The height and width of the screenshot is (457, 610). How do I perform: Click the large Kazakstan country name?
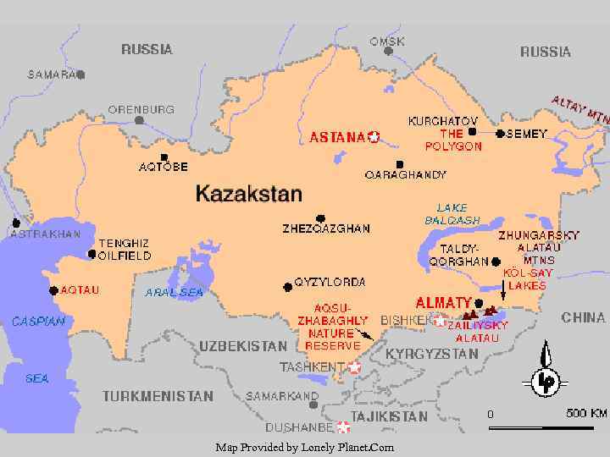click(248, 194)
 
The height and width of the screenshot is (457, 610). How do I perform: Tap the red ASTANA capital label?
click(337, 136)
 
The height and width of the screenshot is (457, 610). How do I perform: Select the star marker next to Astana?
click(374, 136)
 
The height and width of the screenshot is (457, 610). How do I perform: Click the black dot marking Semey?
click(501, 134)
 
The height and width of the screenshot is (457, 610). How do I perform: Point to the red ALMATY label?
click(443, 302)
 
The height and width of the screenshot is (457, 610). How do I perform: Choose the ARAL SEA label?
click(175, 293)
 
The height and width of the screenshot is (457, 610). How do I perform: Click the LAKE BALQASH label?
click(452, 214)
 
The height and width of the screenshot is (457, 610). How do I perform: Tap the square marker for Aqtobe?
click(164, 157)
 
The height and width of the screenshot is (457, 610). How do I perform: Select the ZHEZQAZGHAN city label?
click(325, 228)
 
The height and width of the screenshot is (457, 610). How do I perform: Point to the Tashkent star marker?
click(354, 367)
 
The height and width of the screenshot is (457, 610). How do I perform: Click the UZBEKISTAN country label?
click(243, 346)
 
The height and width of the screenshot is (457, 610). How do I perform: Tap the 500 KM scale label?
click(586, 414)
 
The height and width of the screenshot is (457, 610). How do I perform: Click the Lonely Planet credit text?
click(304, 447)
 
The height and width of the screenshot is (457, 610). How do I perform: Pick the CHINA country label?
click(583, 318)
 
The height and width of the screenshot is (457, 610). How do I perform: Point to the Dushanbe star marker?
click(343, 427)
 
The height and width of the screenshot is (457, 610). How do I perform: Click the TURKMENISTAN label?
click(158, 396)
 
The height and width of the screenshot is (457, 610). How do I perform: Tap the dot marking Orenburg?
click(139, 120)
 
